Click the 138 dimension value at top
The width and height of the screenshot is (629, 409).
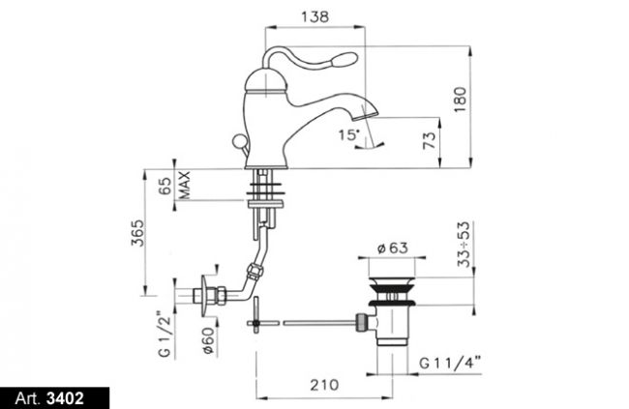314,16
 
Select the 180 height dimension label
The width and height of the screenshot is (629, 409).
461,100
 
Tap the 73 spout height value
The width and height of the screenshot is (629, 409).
430,140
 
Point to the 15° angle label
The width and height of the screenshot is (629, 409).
348,134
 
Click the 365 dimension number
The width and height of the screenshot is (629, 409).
137,233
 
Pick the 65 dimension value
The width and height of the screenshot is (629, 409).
165,186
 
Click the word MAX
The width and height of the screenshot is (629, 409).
184,186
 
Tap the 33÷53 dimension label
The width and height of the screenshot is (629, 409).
464,244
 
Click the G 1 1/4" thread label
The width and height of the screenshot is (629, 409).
450,364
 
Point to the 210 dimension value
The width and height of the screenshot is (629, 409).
324,385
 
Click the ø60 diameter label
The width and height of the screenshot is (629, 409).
209,341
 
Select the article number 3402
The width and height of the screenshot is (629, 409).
65,398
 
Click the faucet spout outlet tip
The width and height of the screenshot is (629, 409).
365,116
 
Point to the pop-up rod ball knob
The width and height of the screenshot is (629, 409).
238,141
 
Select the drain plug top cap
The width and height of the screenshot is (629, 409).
392,279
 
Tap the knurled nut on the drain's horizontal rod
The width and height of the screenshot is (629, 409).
361,323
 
